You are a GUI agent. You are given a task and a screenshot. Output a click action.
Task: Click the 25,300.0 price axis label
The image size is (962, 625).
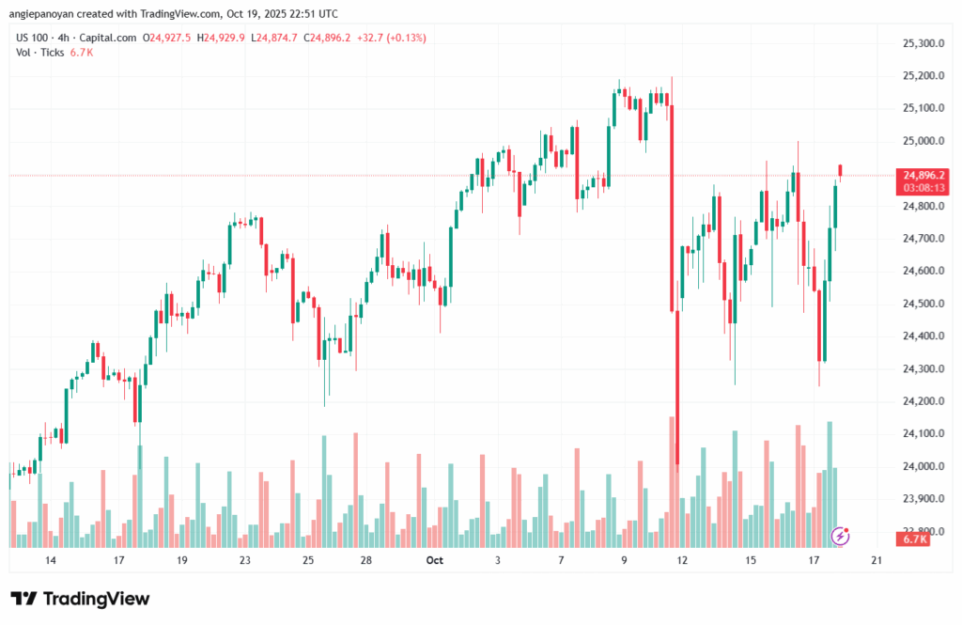pos(922,43)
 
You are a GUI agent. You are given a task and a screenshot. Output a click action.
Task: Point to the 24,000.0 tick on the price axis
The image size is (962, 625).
pos(922,466)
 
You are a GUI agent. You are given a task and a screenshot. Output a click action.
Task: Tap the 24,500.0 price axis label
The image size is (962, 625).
pos(922,304)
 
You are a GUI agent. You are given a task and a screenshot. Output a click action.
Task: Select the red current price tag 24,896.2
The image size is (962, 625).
pos(923,175)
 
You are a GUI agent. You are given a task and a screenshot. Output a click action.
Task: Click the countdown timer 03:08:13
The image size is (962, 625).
pos(923,188)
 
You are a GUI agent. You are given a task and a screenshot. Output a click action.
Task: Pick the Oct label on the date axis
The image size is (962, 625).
pos(434,560)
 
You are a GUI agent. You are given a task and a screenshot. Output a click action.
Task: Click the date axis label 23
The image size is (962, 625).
pos(244,560)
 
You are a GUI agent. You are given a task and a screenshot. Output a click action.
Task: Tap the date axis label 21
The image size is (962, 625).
pos(877,560)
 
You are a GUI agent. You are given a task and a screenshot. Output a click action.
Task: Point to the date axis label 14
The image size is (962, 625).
pos(50,560)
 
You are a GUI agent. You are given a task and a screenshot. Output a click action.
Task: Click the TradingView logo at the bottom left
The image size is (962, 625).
pos(80,599)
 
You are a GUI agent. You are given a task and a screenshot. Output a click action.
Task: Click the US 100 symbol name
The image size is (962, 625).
pos(35,38)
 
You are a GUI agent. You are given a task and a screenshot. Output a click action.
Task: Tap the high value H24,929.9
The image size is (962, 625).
pos(217,38)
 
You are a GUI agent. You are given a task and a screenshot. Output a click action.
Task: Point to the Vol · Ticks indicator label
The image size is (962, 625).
pos(40,53)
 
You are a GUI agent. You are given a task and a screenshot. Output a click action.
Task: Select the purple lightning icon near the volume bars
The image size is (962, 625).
pos(841,536)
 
